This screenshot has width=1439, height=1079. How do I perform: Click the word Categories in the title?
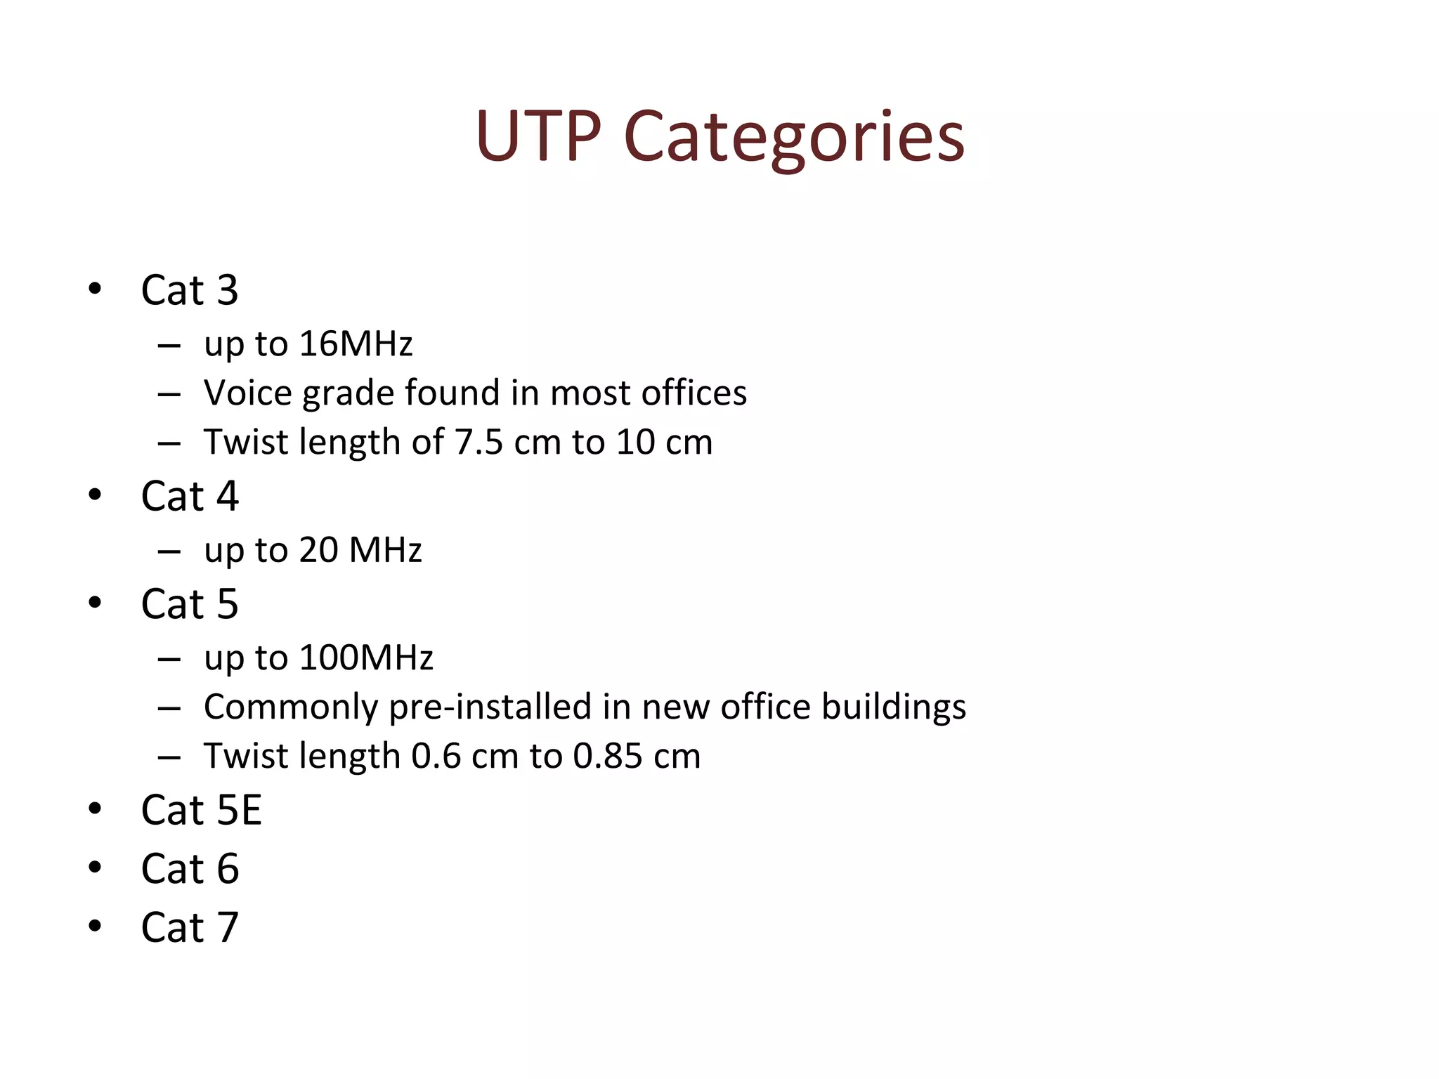(794, 137)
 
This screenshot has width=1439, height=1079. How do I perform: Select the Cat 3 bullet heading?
(190, 289)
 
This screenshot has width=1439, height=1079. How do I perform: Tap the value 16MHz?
(356, 344)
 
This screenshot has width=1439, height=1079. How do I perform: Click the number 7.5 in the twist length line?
(478, 442)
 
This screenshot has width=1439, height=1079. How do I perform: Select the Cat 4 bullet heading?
(190, 496)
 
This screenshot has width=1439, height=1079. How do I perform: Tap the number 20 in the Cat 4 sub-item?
(319, 549)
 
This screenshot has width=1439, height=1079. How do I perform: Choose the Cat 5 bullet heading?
(190, 603)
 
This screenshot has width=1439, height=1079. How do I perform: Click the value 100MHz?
(366, 658)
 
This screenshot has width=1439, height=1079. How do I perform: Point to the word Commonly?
(291, 707)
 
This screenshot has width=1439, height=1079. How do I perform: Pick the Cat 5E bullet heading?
(202, 810)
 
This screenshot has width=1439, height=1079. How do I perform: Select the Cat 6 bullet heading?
(190, 869)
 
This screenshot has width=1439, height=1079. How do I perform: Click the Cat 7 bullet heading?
(190, 927)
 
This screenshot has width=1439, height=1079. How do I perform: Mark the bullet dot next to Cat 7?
(95, 926)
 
